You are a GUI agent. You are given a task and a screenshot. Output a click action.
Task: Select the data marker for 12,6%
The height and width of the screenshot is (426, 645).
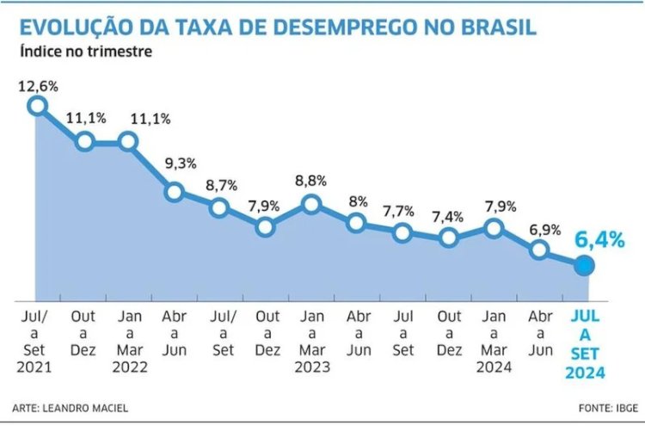click(37, 105)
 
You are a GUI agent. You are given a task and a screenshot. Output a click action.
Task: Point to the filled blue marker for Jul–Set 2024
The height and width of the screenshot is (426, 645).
click(584, 266)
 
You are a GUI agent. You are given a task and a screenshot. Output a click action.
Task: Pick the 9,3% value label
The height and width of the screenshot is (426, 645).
click(174, 164)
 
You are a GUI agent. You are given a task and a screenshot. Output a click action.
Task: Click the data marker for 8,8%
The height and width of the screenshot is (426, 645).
click(311, 205)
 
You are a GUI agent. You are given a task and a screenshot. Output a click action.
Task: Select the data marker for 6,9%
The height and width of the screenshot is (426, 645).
click(539, 250)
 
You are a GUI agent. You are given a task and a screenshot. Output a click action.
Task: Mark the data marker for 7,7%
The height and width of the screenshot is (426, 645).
click(402, 232)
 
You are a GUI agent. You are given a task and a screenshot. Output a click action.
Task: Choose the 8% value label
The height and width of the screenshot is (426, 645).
click(357, 201)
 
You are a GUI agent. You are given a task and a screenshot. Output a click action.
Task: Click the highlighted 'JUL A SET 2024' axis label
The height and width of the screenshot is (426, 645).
click(585, 345)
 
